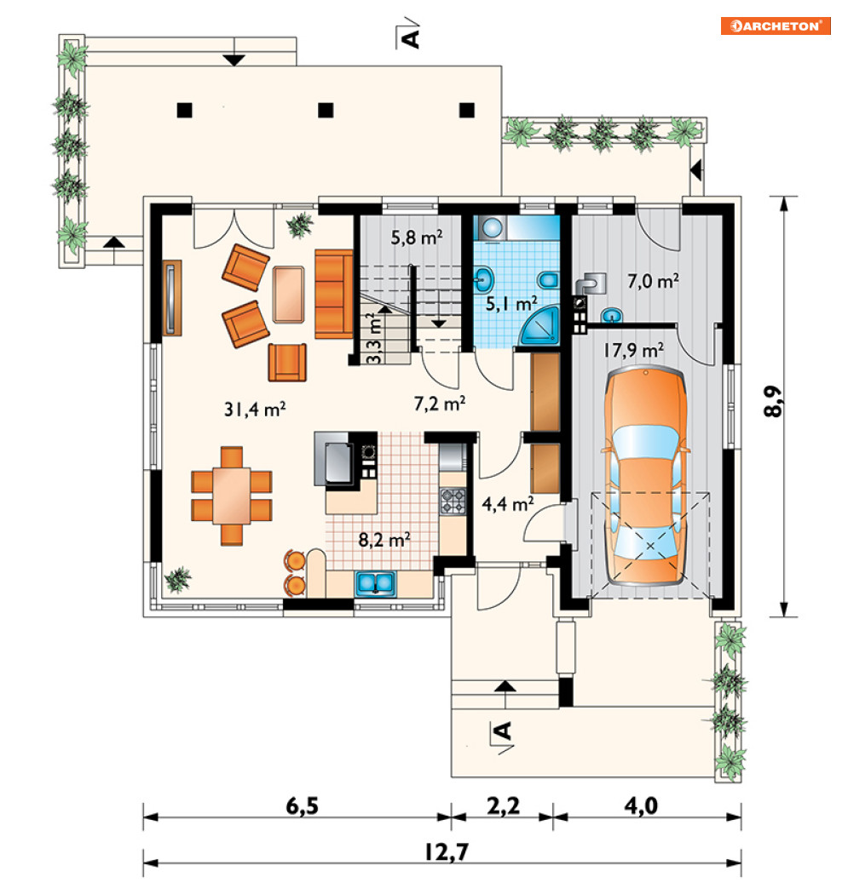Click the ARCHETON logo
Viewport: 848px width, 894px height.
click(776, 26)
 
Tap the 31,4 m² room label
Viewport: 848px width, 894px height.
click(255, 409)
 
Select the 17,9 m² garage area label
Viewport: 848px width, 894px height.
click(633, 349)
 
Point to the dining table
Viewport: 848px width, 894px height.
click(232, 496)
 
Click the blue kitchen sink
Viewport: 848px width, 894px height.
click(376, 584)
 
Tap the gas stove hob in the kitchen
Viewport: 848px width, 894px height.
click(453, 501)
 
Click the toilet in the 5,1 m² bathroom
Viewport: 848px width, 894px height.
click(548, 280)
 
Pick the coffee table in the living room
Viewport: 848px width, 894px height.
click(288, 295)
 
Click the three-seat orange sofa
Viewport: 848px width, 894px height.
click(334, 294)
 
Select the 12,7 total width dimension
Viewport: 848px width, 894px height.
click(447, 851)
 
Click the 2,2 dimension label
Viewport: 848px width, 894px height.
click(503, 805)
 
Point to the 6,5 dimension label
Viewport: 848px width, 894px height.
click(302, 805)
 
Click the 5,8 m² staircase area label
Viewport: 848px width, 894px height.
click(417, 237)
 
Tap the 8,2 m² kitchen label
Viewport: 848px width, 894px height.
click(384, 539)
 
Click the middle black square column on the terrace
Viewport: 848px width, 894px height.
click(326, 110)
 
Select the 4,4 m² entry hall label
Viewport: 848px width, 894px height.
click(508, 504)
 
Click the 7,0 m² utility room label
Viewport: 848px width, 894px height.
click(653, 281)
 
